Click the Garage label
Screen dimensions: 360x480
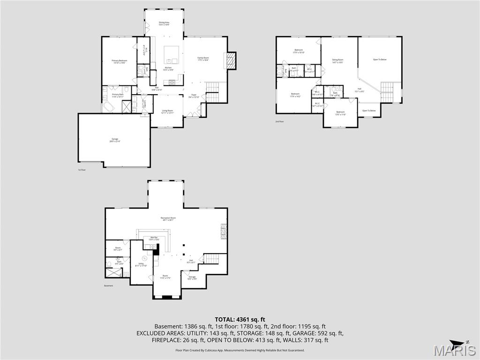click(114, 140)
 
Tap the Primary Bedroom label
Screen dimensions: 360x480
click(119, 61)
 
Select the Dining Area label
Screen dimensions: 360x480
click(164, 23)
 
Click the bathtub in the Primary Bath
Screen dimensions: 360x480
click(108, 107)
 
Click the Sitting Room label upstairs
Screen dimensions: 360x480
click(338, 60)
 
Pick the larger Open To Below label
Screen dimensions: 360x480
click(380, 60)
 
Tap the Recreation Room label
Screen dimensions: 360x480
click(167, 219)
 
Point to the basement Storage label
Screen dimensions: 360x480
click(192, 277)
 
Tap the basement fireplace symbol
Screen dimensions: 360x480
click(224, 232)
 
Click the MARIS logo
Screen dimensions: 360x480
click(455, 350)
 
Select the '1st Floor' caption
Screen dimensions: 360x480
click(82, 170)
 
